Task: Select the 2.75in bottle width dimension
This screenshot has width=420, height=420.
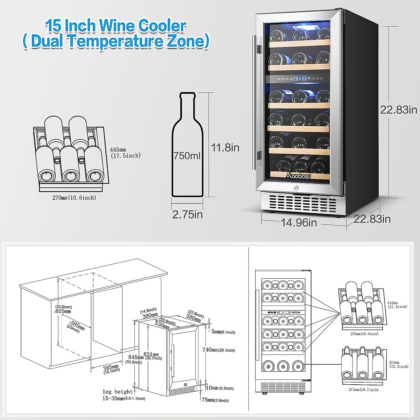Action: [x=187, y=214]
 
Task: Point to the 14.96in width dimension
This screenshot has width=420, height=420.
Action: [x=299, y=223]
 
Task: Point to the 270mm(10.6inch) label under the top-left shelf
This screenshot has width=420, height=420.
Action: [x=74, y=198]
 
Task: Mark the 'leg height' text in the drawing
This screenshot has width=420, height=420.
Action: [x=118, y=392]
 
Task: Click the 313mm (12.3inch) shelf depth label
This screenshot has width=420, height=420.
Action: [x=398, y=364]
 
